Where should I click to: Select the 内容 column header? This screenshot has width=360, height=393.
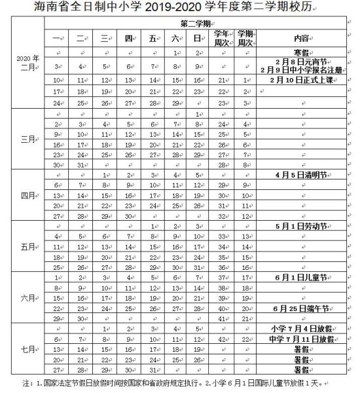301,38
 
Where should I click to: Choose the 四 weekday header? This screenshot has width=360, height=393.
129,38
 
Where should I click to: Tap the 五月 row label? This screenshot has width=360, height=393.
28,247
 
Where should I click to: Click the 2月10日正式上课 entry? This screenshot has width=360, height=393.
301,79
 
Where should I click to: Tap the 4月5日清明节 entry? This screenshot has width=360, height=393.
301,175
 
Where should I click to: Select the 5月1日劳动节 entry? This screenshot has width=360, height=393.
301,226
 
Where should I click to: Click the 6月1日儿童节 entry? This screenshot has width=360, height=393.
301,278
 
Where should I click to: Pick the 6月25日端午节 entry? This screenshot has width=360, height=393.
301,309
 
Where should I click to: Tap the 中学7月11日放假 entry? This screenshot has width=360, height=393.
301,340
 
